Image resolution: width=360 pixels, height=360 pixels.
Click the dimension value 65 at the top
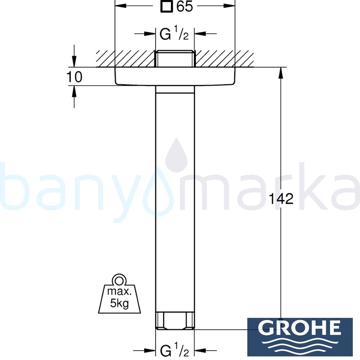(x=185, y=7)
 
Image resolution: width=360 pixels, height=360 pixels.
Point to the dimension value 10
(x=74, y=77)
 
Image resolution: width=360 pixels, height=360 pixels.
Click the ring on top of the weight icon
(x=119, y=280)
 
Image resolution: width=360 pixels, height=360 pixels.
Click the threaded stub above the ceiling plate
(x=175, y=59)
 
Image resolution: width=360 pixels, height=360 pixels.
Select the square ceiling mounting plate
(x=175, y=76)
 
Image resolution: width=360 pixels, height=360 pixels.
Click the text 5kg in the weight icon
(x=119, y=304)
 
